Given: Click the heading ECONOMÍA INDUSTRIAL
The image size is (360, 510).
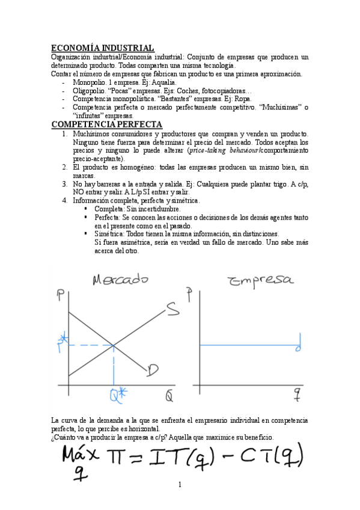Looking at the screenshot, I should point(103,48).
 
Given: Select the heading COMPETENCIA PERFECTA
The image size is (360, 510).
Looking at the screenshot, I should point(107,124).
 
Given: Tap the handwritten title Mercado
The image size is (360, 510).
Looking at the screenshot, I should point(120,281).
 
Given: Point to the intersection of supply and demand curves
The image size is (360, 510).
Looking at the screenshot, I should point(114,345).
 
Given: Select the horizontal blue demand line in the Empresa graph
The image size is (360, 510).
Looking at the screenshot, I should point(246,345).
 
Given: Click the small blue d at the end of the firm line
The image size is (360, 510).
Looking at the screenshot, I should point(299,347).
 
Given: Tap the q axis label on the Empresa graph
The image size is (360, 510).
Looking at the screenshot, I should point(296,393).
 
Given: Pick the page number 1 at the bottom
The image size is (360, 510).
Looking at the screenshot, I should point(179,484).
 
